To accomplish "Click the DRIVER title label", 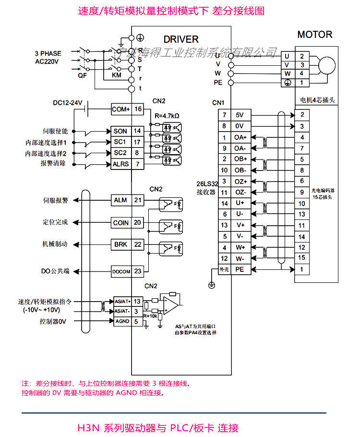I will click(180, 39).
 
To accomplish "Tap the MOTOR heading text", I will click(314, 35).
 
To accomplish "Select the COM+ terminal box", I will click(120, 109).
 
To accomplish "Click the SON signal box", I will click(120, 131).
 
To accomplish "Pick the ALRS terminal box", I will click(120, 164).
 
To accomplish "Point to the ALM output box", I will click(120, 200).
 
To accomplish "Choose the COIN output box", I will click(120, 223).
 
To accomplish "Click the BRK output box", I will click(120, 244).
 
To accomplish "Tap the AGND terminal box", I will click(121, 321).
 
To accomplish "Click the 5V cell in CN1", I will click(240, 115).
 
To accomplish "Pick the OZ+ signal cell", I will click(240, 182).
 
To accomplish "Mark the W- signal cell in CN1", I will click(240, 259).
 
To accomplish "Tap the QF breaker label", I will click(82, 75).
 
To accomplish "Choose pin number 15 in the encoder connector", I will click(301, 258).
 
